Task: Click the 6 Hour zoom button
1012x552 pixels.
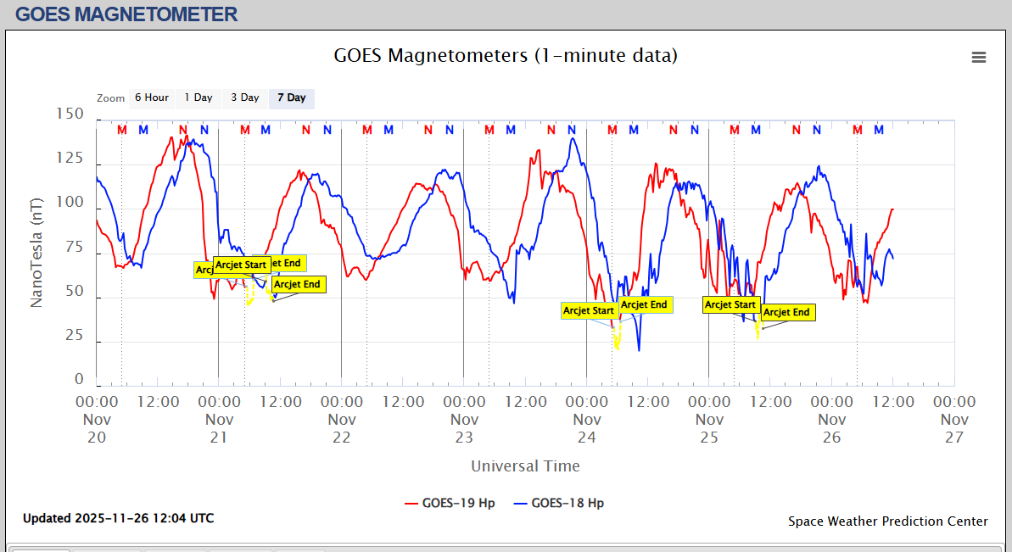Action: coord(152,98)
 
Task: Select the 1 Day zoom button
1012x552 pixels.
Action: coord(198,98)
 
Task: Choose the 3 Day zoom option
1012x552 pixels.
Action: coord(245,98)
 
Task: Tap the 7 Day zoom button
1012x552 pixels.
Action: coord(292,98)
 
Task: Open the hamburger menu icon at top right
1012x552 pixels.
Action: coord(979,57)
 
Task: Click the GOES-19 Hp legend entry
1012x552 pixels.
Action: coord(450,503)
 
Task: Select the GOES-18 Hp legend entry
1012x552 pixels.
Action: coord(559,503)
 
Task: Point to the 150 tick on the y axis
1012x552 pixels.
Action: coord(69,114)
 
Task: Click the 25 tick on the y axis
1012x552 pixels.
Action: coord(75,336)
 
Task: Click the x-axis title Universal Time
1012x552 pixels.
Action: coord(525,466)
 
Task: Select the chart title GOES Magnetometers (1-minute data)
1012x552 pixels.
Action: coord(506,56)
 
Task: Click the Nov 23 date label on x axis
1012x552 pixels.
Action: coord(464,419)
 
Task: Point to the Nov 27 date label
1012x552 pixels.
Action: coord(954,419)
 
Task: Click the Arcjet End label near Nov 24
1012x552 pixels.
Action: coord(644,304)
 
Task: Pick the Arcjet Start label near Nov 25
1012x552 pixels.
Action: coord(730,304)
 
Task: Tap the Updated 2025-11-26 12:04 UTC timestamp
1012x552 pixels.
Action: coord(118,517)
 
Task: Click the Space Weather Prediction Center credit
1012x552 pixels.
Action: coord(887,521)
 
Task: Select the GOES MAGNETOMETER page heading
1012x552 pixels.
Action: coord(126,14)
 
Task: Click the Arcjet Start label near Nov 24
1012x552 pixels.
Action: coord(589,311)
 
